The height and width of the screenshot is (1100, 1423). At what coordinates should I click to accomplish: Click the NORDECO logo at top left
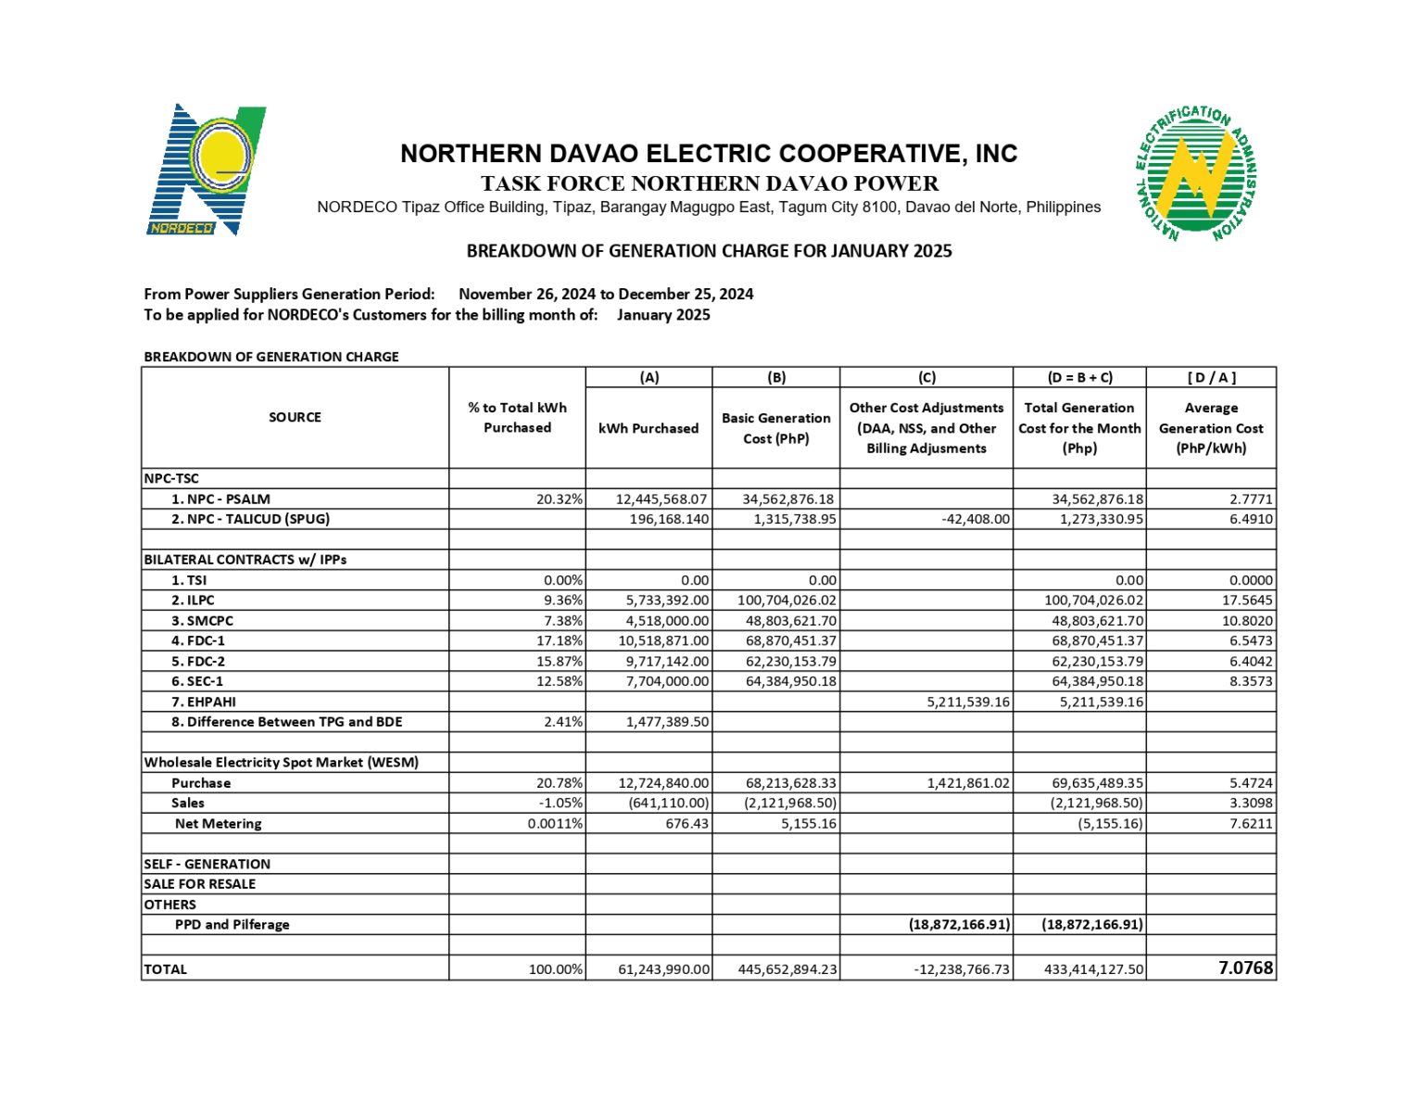pyautogui.click(x=207, y=170)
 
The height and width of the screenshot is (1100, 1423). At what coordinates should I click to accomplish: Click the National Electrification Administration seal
pyautogui.click(x=1195, y=173)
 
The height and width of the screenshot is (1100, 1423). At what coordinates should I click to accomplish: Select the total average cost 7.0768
pyautogui.click(x=1245, y=967)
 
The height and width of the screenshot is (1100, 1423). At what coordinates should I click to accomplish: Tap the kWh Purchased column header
pyautogui.click(x=649, y=428)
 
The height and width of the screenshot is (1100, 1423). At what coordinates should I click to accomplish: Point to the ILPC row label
pyautogui.click(x=199, y=601)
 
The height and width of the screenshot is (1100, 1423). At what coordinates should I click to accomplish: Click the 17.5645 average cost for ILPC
pyautogui.click(x=1247, y=601)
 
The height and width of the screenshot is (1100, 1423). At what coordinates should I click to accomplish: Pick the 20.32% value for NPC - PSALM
pyautogui.click(x=559, y=499)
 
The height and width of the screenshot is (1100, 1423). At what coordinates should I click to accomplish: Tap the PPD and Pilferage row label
pyautogui.click(x=232, y=925)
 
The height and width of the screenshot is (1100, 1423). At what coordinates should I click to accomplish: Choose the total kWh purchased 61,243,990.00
pyautogui.click(x=663, y=969)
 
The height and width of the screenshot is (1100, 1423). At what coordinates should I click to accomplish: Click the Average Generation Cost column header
pyautogui.click(x=1210, y=428)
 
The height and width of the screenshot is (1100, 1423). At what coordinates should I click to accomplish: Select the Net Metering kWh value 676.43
pyautogui.click(x=686, y=823)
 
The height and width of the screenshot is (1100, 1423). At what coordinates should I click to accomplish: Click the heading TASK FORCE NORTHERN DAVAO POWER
pyautogui.click(x=709, y=183)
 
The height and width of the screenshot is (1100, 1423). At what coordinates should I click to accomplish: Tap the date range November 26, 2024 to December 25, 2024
pyautogui.click(x=606, y=294)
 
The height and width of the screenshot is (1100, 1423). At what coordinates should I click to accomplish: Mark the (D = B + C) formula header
pyautogui.click(x=1079, y=377)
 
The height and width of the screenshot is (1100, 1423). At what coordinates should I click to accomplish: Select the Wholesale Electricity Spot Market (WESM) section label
pyautogui.click(x=281, y=763)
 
